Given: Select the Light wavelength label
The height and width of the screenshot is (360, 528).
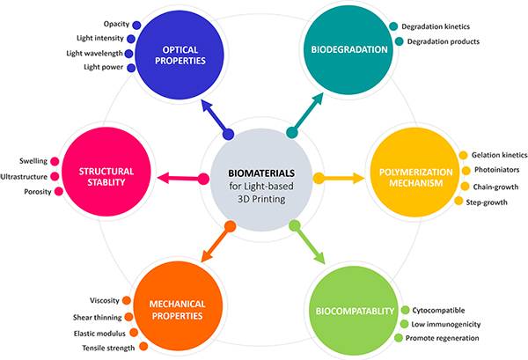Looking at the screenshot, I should (95, 53).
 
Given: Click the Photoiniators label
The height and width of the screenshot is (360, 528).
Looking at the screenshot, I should (499, 170).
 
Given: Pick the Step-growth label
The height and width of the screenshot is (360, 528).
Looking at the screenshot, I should (489, 202).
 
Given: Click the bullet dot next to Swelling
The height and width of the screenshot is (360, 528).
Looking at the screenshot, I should (54, 160).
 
